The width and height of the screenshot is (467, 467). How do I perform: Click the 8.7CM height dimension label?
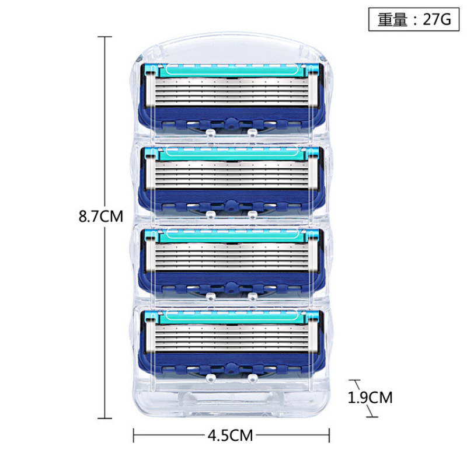100,216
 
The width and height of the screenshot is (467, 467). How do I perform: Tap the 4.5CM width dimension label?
230,435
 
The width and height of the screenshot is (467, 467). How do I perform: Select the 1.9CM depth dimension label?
370,398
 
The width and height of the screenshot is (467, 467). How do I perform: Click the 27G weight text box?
414,19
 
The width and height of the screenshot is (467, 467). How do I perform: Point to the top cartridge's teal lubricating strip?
232,71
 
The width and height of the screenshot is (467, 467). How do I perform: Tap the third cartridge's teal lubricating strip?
232,235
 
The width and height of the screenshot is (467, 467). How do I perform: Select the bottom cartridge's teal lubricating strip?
232,316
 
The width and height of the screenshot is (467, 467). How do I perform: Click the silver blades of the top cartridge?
232,92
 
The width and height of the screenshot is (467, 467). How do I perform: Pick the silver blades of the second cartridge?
232,174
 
